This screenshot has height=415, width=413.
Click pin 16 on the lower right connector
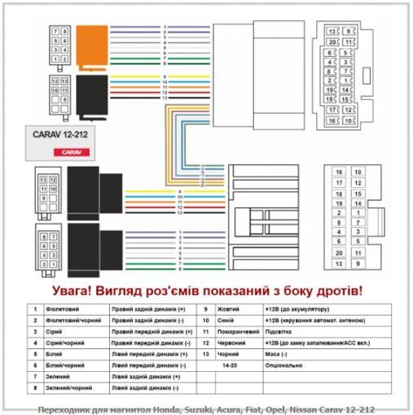(337, 173)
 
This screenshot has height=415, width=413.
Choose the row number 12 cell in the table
(206, 343)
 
